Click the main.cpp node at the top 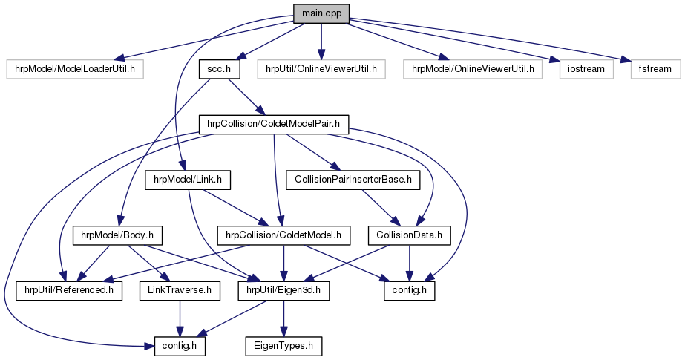pyautogui.click(x=320, y=14)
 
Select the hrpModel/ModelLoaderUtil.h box pyautogui.click(x=74, y=69)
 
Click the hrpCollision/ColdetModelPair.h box pyautogui.click(x=274, y=123)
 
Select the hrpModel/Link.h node pyautogui.click(x=189, y=179)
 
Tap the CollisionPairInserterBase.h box pyautogui.click(x=343, y=179)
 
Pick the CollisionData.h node pyautogui.click(x=410, y=235)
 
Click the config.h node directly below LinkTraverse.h pyautogui.click(x=180, y=345)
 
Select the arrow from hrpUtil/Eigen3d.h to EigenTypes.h pyautogui.click(x=283, y=318)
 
